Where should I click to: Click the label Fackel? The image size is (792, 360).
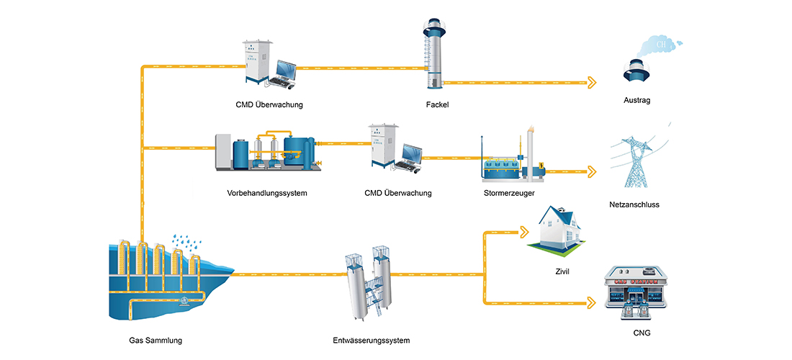pyautogui.click(x=437, y=104)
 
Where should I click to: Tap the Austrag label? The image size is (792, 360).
pyautogui.click(x=636, y=100)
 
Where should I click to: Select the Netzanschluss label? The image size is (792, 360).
pyautogui.click(x=634, y=204)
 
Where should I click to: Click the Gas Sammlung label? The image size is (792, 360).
pyautogui.click(x=150, y=340)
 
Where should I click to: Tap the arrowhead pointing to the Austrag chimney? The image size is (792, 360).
pyautogui.click(x=592, y=83)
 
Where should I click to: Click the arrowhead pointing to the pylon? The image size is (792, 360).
pyautogui.click(x=592, y=172)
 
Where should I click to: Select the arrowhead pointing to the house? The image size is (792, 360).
pyautogui.click(x=523, y=233)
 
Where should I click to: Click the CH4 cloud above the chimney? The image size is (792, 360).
pyautogui.click(x=660, y=45)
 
